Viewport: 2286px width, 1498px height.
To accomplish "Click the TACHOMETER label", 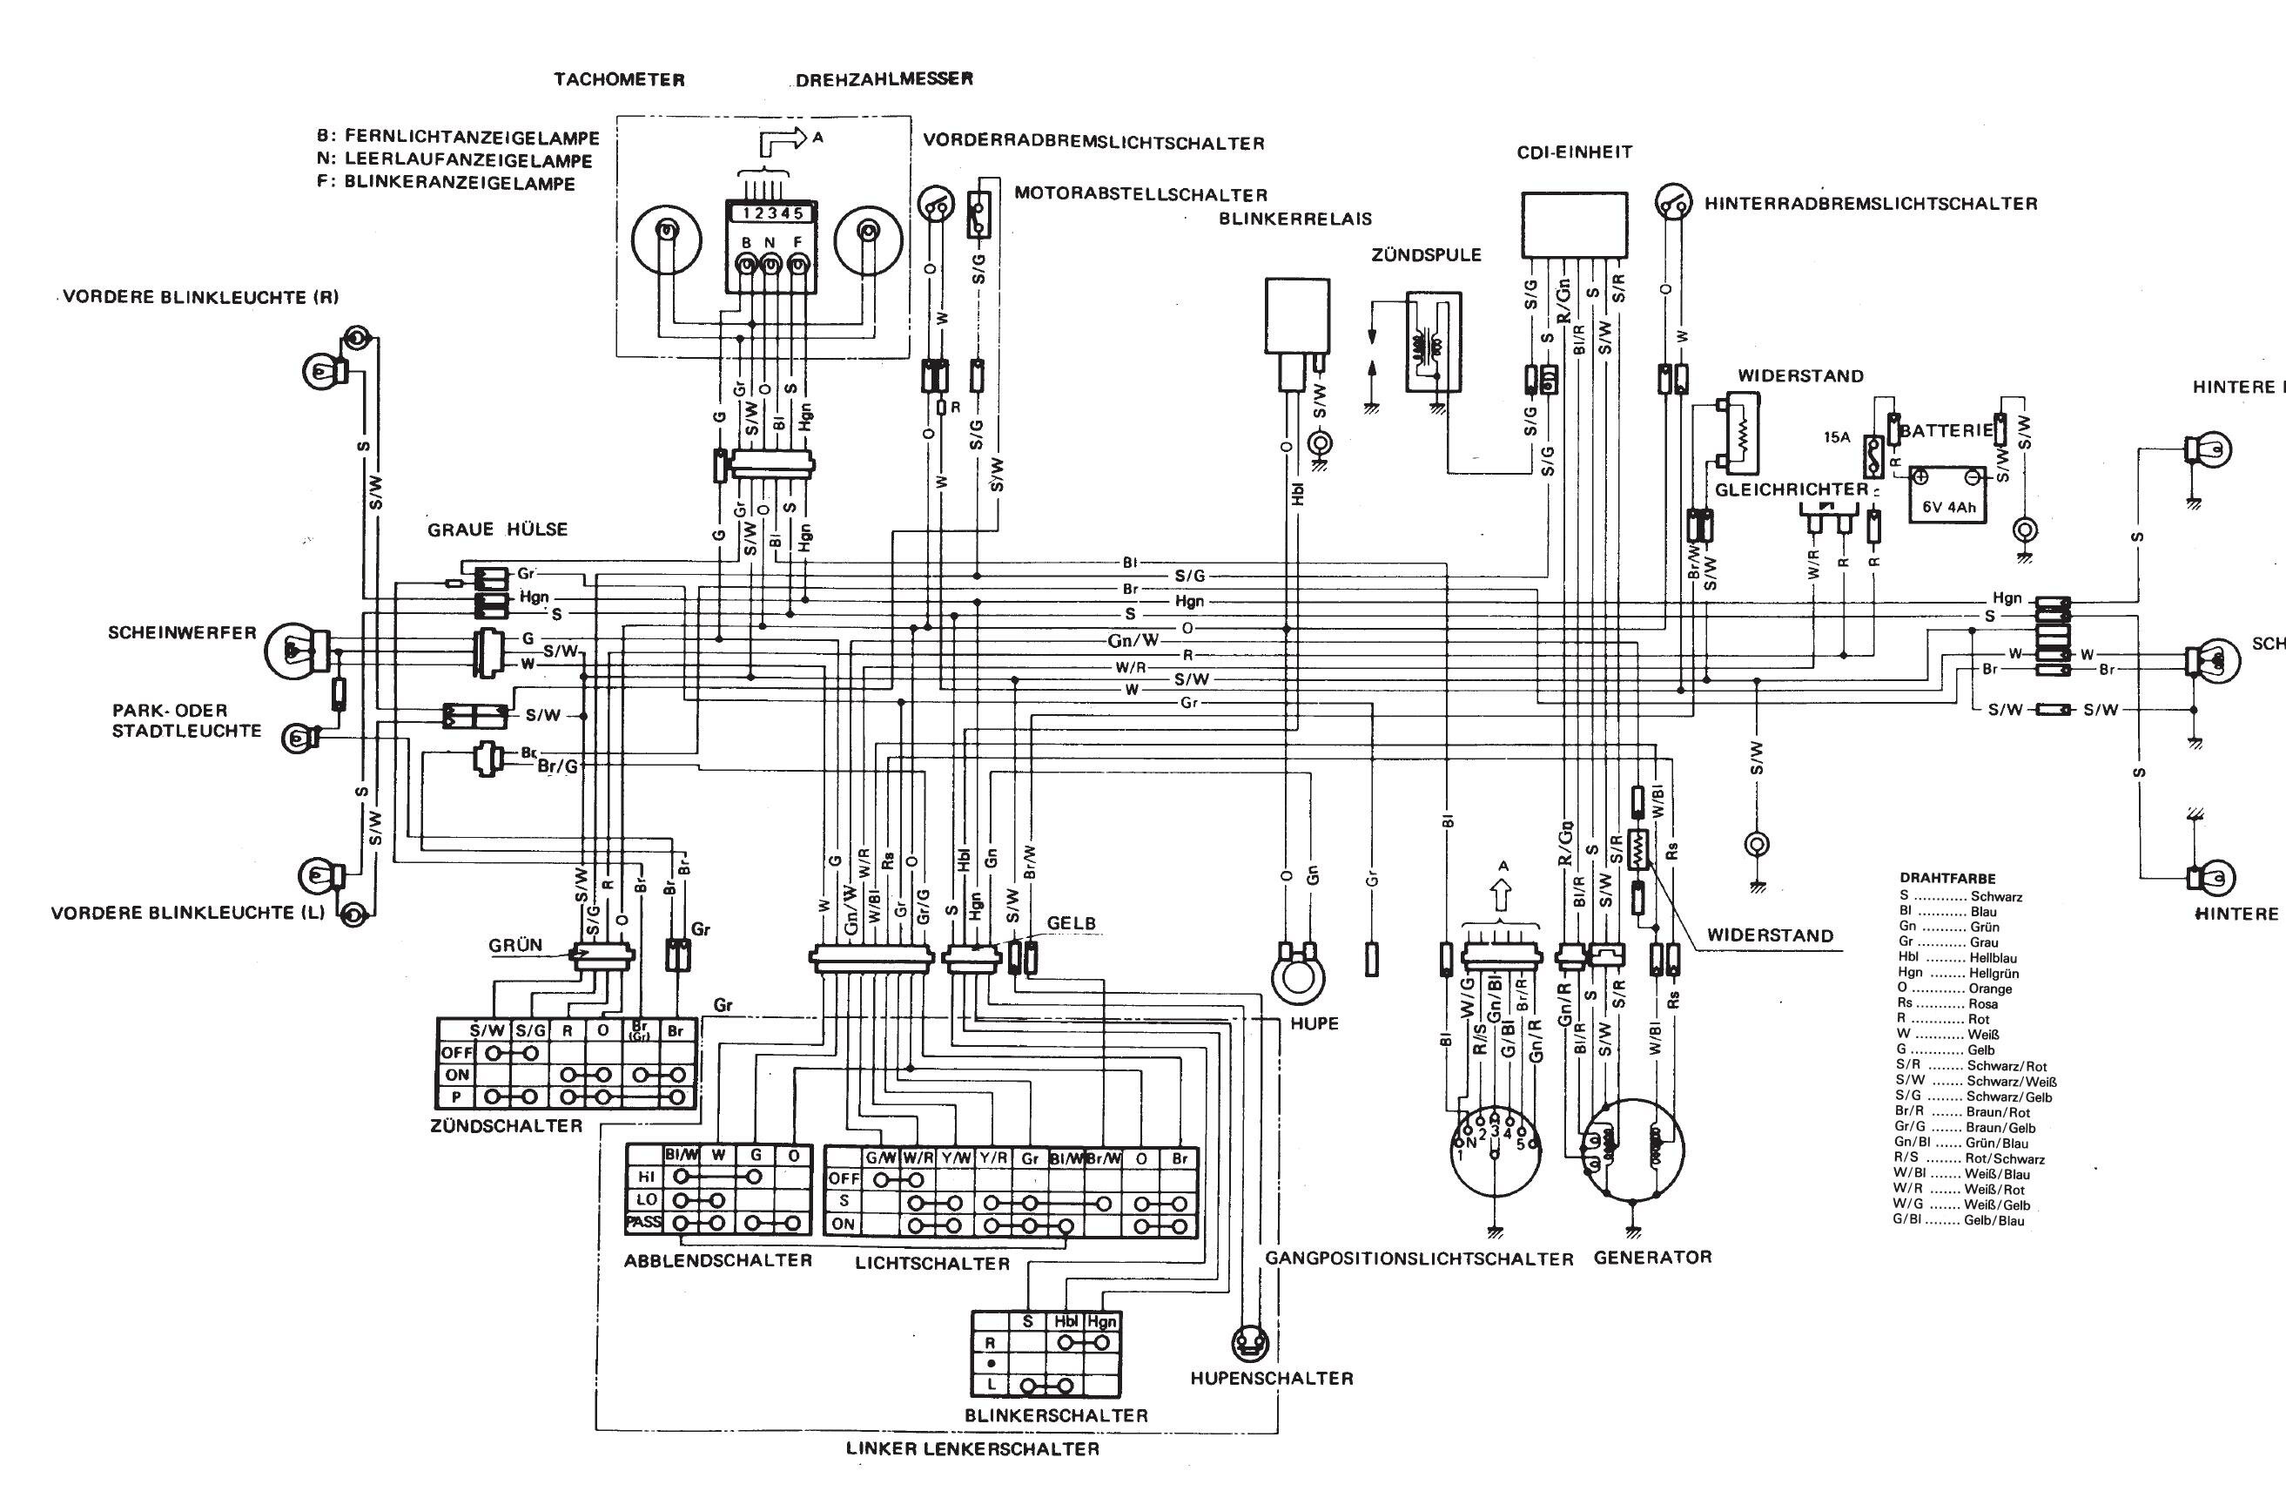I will pyautogui.click(x=619, y=80).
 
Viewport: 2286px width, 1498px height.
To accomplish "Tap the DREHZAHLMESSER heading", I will pyautogui.click(x=884, y=80).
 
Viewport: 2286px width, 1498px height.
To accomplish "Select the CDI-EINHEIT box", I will pyautogui.click(x=1573, y=223).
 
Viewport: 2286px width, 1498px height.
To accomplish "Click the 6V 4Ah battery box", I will pyautogui.click(x=1948, y=495).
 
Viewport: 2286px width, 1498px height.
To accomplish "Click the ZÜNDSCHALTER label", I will pyautogui.click(x=508, y=1125).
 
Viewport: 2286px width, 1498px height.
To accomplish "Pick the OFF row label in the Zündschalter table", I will pyautogui.click(x=456, y=1052).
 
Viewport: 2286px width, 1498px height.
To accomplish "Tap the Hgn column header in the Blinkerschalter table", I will pyautogui.click(x=1102, y=1321).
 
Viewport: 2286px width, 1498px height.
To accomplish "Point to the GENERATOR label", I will pyautogui.click(x=1652, y=1257).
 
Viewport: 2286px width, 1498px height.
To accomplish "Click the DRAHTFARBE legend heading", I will pyautogui.click(x=1947, y=878).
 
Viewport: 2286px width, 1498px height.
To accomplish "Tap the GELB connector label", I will pyautogui.click(x=1070, y=924).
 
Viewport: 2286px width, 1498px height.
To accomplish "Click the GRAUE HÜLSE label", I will pyautogui.click(x=498, y=530).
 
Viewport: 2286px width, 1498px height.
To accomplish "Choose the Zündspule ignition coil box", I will pyautogui.click(x=1433, y=342).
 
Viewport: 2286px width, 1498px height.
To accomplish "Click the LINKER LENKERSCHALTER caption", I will pyautogui.click(x=972, y=1476).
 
